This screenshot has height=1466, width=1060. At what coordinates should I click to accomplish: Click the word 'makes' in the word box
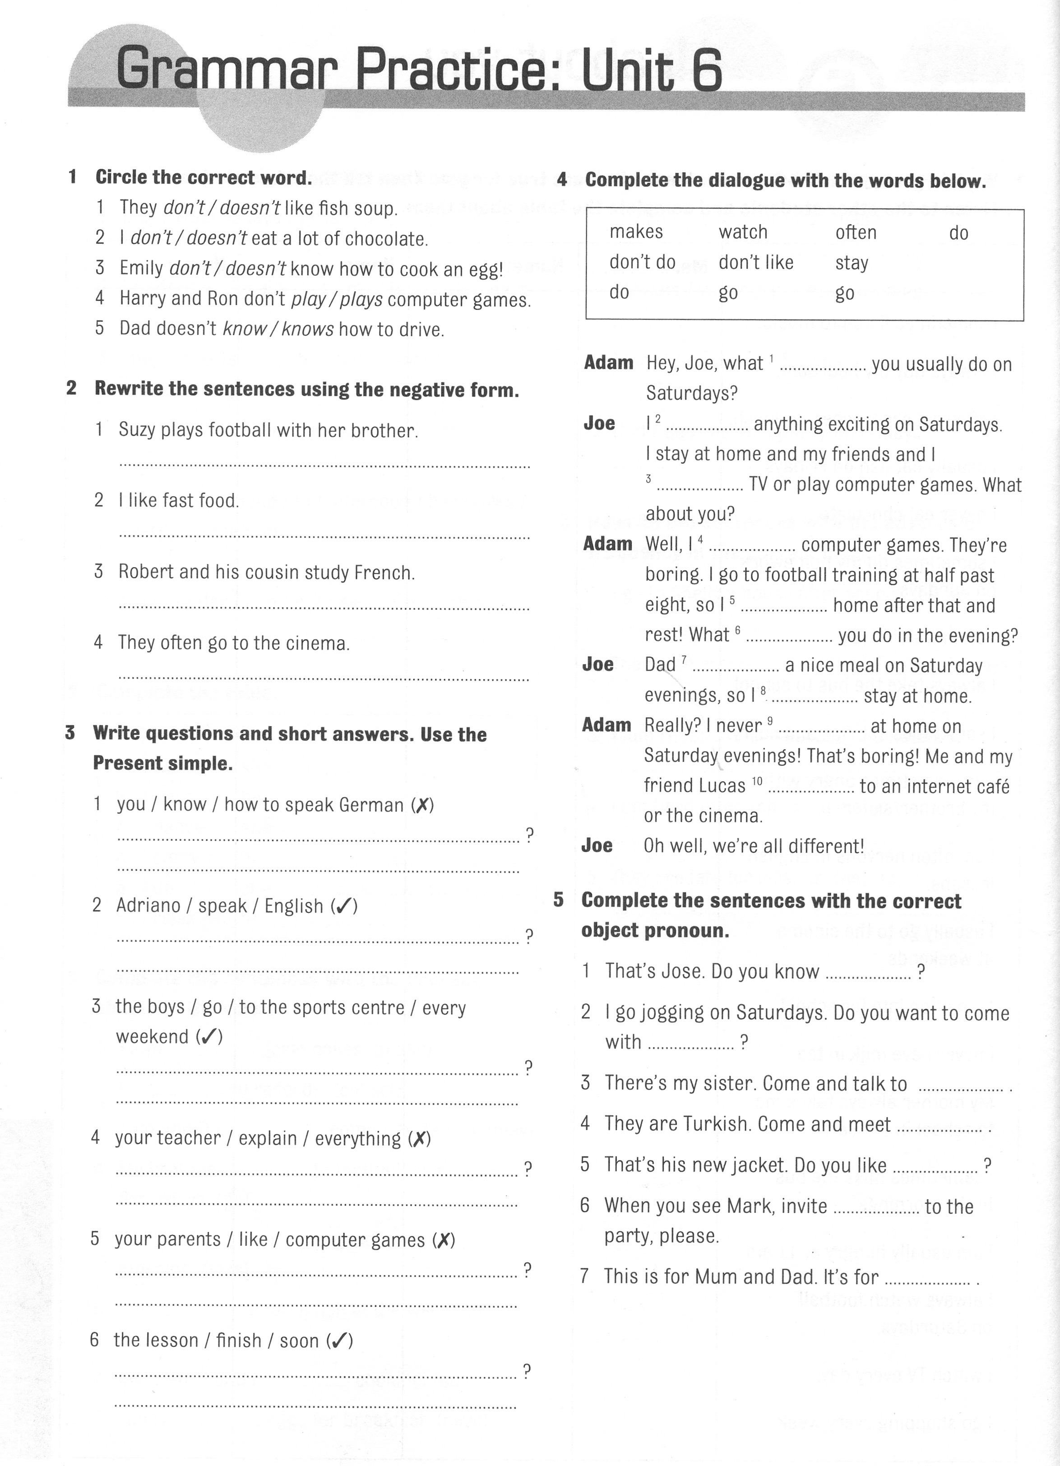(636, 232)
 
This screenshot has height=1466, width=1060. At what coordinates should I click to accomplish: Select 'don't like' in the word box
(755, 262)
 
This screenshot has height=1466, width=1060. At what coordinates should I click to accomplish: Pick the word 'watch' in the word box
(743, 232)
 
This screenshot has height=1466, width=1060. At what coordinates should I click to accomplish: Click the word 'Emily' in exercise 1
(141, 268)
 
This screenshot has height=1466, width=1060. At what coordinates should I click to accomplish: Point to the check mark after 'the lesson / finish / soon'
(339, 1341)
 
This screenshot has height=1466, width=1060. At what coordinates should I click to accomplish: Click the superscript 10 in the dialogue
(757, 781)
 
